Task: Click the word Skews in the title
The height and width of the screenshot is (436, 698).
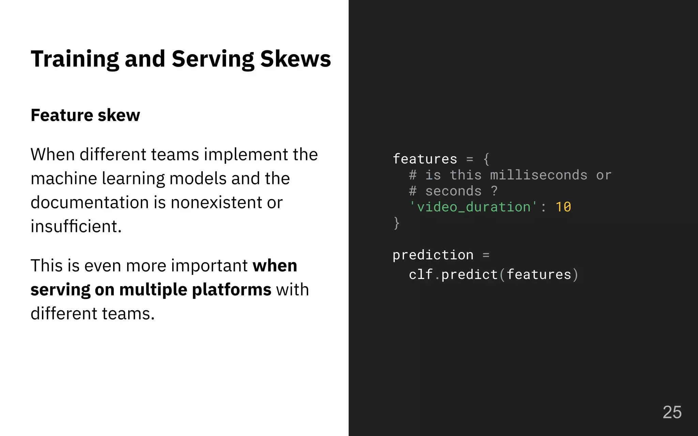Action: coord(295,59)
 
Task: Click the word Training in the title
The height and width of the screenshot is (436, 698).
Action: coord(75,59)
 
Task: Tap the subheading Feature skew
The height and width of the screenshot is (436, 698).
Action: coord(85,115)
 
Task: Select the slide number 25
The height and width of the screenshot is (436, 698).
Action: coord(672,412)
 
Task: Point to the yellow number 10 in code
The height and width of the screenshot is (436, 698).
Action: coord(563,207)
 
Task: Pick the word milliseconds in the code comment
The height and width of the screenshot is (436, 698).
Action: coord(538,175)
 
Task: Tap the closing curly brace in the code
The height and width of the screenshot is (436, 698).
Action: coord(396,223)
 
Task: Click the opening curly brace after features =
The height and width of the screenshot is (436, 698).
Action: coord(486,159)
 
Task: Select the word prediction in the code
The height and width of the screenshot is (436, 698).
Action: coord(433,255)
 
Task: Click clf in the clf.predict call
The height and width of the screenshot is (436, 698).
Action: coord(421,275)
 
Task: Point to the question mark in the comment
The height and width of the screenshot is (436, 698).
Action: coord(494,191)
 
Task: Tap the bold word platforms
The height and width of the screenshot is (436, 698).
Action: coord(232,290)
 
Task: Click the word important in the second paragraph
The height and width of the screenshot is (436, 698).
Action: coord(209,266)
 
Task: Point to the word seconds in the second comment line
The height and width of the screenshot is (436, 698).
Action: coord(453,191)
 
